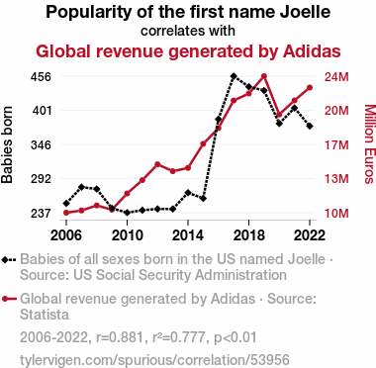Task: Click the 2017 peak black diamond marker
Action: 234,76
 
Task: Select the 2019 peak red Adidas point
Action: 264,76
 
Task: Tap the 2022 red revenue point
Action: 310,88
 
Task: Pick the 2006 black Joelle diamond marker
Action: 66,203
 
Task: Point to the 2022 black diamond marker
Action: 310,126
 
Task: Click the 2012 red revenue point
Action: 157,164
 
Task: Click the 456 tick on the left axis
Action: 41,77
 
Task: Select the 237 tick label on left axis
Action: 41,214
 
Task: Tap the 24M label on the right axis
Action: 336,77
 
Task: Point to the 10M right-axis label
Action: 336,214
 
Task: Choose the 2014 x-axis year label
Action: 188,235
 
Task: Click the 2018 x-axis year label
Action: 248,235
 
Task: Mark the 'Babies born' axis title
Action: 7,144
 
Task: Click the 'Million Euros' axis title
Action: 370,144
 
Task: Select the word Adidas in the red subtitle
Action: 312,51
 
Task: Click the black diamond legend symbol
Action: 9,259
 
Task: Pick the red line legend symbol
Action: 9,299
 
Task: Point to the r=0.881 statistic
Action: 120,337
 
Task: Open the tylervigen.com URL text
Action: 154,360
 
